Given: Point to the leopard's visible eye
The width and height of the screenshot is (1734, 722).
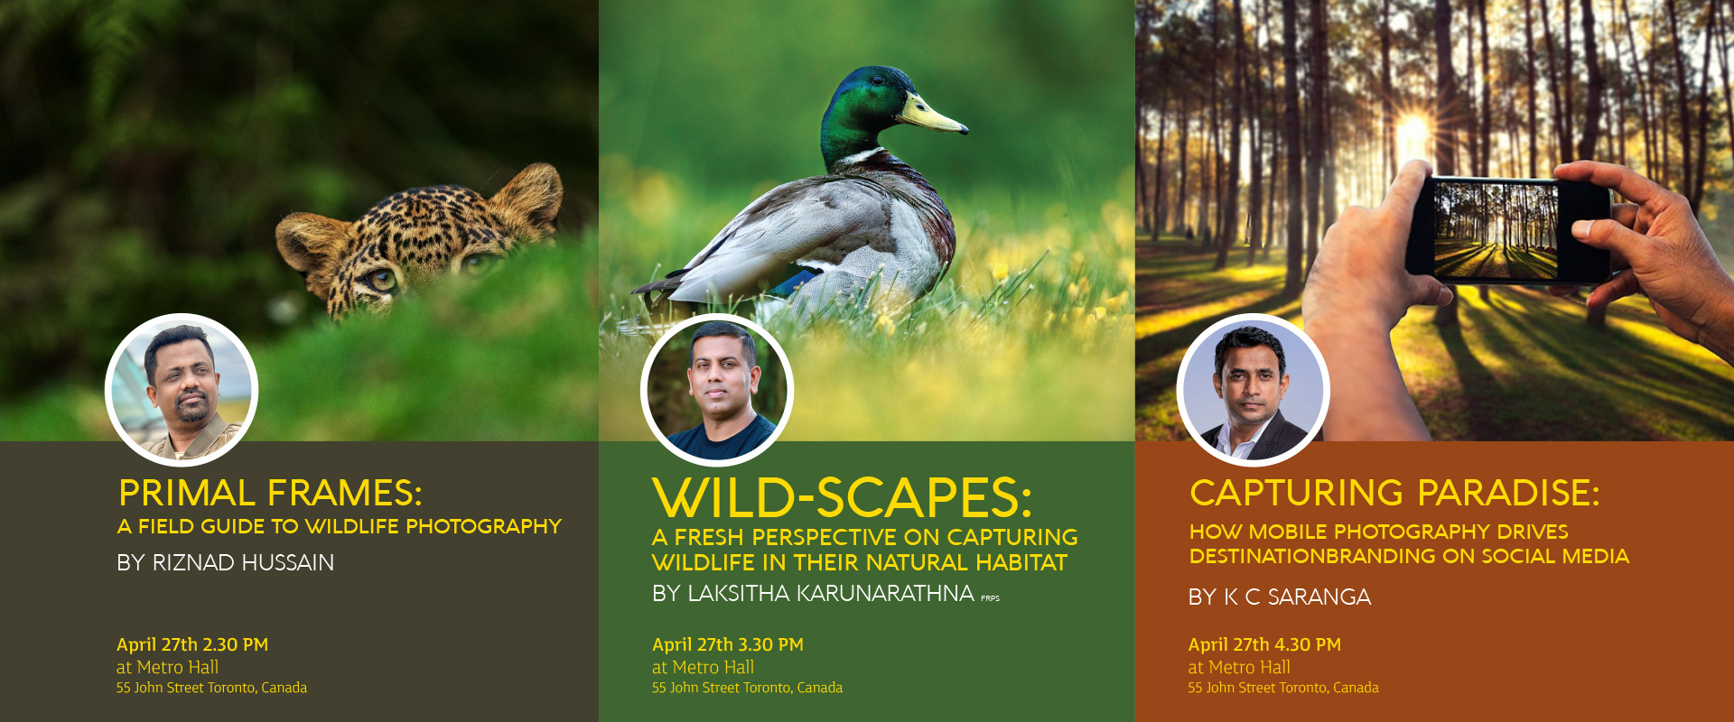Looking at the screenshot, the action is tap(381, 280).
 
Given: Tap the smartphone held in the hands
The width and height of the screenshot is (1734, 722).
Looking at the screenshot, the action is tap(1509, 228).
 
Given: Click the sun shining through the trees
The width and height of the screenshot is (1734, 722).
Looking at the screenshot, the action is tap(1413, 134).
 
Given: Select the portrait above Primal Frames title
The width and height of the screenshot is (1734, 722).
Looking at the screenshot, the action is tap(182, 390).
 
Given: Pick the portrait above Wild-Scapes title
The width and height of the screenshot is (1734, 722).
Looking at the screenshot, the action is tap(717, 390).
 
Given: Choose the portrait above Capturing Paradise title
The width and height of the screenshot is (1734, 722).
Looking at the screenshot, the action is tap(1253, 390).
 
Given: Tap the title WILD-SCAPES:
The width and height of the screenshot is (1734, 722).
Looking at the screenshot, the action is tap(842, 497).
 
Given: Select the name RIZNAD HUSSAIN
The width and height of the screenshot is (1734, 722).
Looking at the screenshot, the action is tap(243, 563).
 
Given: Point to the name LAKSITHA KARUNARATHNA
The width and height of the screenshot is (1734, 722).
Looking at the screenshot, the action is tap(831, 594).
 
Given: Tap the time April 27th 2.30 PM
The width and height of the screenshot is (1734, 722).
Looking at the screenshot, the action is tap(192, 644).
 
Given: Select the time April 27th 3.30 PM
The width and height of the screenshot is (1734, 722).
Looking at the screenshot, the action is tap(728, 644).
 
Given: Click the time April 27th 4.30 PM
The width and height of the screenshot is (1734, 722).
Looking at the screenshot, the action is tap(1264, 644).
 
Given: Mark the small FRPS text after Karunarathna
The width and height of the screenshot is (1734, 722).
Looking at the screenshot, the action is tap(990, 598).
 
